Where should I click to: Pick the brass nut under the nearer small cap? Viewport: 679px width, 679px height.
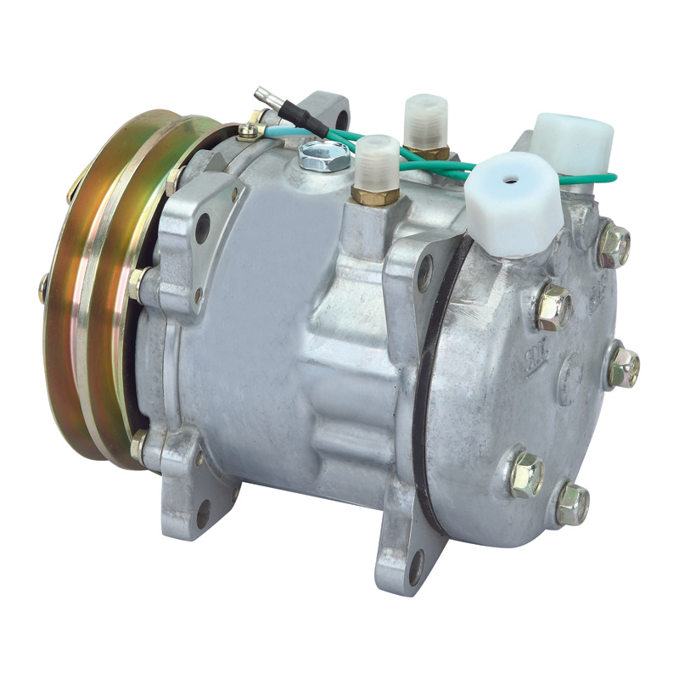pyautogui.click(x=374, y=196)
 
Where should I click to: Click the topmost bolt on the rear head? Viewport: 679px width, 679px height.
pyautogui.click(x=612, y=244)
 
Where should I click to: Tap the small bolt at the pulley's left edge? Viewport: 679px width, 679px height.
pyautogui.click(x=43, y=289)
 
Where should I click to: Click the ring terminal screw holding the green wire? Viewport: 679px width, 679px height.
pyautogui.click(x=247, y=131)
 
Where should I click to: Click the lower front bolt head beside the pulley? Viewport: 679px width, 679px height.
pyautogui.click(x=138, y=443)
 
